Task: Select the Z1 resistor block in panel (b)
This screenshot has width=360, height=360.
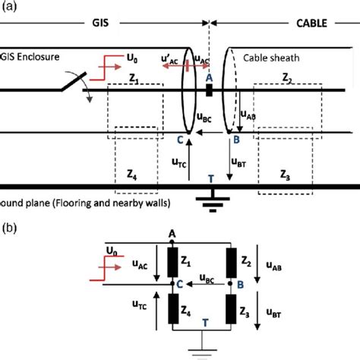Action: click(x=174, y=261)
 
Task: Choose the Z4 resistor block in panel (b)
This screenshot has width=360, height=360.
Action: click(x=174, y=311)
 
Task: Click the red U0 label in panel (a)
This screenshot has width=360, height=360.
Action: click(x=134, y=57)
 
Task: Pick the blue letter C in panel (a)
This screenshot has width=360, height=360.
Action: click(x=180, y=139)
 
